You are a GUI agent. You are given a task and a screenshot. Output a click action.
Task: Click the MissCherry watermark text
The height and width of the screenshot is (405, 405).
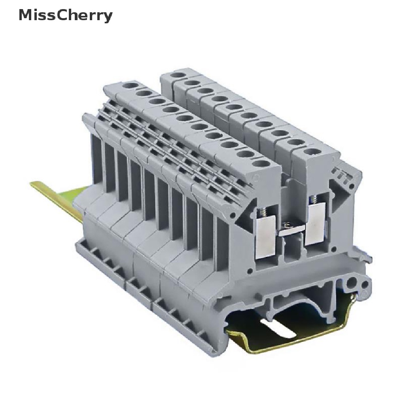66,15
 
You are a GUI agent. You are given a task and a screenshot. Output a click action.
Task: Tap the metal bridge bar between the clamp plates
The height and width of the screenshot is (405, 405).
291,231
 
